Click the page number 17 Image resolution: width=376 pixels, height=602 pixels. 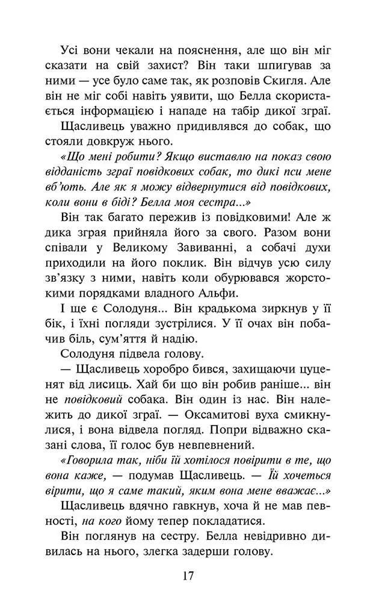click(188, 576)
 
